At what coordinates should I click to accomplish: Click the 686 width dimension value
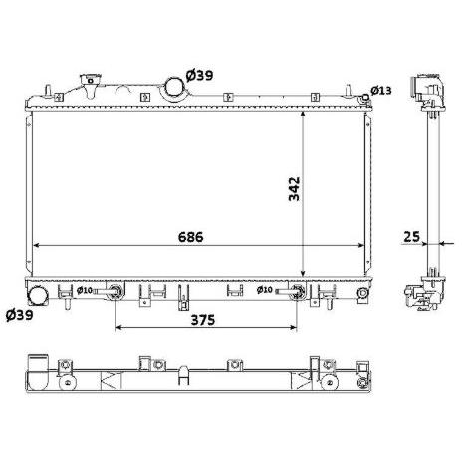[x=190, y=237]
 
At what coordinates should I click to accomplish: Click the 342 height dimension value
[x=294, y=189]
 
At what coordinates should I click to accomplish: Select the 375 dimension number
[x=203, y=320]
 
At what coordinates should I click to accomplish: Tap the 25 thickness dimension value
[x=411, y=237]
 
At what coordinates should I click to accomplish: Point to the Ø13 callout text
[x=381, y=90]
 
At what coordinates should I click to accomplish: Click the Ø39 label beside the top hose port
[x=199, y=76]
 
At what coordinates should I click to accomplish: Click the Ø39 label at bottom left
[x=20, y=314]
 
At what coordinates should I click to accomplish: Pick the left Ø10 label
[x=85, y=290]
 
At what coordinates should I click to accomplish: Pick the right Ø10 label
[x=265, y=290]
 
